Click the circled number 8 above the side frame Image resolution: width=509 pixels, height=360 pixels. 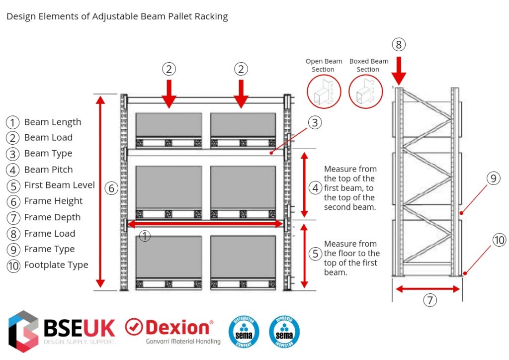point(398,45)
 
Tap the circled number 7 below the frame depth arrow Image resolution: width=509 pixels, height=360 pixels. point(430,300)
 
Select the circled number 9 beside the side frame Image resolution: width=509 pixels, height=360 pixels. point(492,179)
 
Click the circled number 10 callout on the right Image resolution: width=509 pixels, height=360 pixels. point(499,240)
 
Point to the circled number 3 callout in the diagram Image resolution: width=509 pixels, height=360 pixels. point(314,123)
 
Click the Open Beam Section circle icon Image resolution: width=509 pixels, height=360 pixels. point(324,92)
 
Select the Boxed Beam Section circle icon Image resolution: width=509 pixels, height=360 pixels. point(368,92)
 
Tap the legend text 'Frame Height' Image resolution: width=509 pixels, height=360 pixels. point(53,201)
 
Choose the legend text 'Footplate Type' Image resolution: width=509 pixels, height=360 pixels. point(56,265)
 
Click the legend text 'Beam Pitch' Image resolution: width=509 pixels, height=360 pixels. point(48,170)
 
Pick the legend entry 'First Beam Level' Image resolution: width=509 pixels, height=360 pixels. point(59,185)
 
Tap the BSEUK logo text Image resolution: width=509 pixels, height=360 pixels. point(80,328)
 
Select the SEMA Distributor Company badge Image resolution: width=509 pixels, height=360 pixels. point(244,330)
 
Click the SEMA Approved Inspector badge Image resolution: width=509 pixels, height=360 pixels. point(284,330)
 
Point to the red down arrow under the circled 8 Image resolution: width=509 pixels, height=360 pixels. point(398,70)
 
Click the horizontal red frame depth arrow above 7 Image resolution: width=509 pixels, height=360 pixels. point(428,289)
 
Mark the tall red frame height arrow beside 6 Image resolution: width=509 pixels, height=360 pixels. point(100,191)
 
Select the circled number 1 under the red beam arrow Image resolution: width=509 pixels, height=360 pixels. point(144,236)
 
